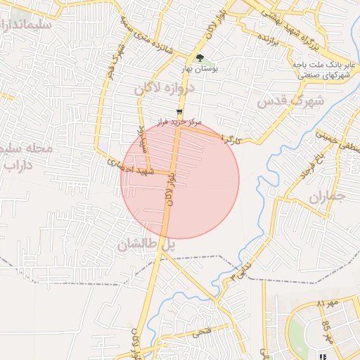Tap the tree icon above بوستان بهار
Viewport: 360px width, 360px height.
200,59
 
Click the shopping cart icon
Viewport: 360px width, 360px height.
181,111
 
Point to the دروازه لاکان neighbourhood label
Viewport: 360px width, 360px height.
163,88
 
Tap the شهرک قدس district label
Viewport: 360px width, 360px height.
290,101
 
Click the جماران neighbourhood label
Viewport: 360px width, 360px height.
328,196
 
